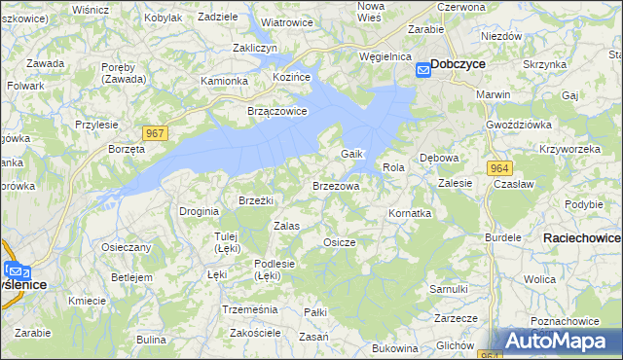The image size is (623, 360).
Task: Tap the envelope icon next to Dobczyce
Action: click(x=423, y=69)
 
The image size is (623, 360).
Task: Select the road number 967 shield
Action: click(x=154, y=132)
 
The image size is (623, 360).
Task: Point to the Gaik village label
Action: click(x=351, y=155)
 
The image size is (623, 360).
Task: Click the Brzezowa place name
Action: click(x=336, y=185)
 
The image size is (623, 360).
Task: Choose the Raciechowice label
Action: click(x=583, y=237)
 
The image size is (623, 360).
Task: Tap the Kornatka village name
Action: click(x=409, y=212)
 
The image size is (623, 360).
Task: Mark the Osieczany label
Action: click(x=127, y=247)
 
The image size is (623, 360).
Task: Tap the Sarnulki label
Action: click(x=449, y=289)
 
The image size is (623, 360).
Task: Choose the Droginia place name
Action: click(x=199, y=210)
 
